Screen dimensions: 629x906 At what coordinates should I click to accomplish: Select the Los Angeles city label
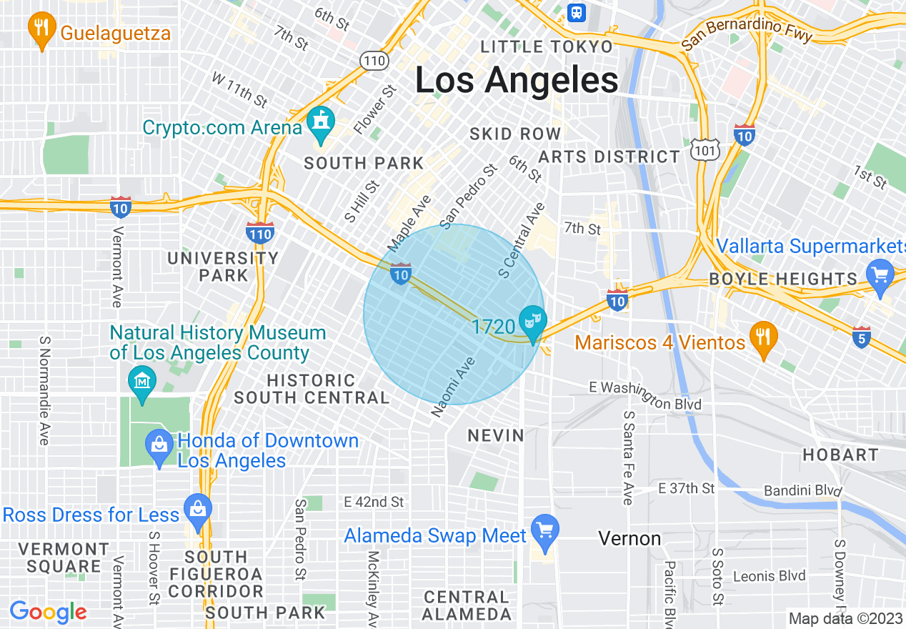516,81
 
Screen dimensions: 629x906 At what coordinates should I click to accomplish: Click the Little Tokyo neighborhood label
547,47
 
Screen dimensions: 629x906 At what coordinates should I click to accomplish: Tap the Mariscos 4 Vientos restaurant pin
764,338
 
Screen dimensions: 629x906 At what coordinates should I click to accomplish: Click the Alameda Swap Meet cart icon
545,531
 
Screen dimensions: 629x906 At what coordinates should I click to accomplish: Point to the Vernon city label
629,538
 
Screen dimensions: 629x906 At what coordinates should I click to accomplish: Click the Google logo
48,612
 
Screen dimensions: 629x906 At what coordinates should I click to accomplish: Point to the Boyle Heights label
782,279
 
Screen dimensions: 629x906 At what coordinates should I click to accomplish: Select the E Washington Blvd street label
645,395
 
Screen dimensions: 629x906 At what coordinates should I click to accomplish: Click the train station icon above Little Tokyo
577,12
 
